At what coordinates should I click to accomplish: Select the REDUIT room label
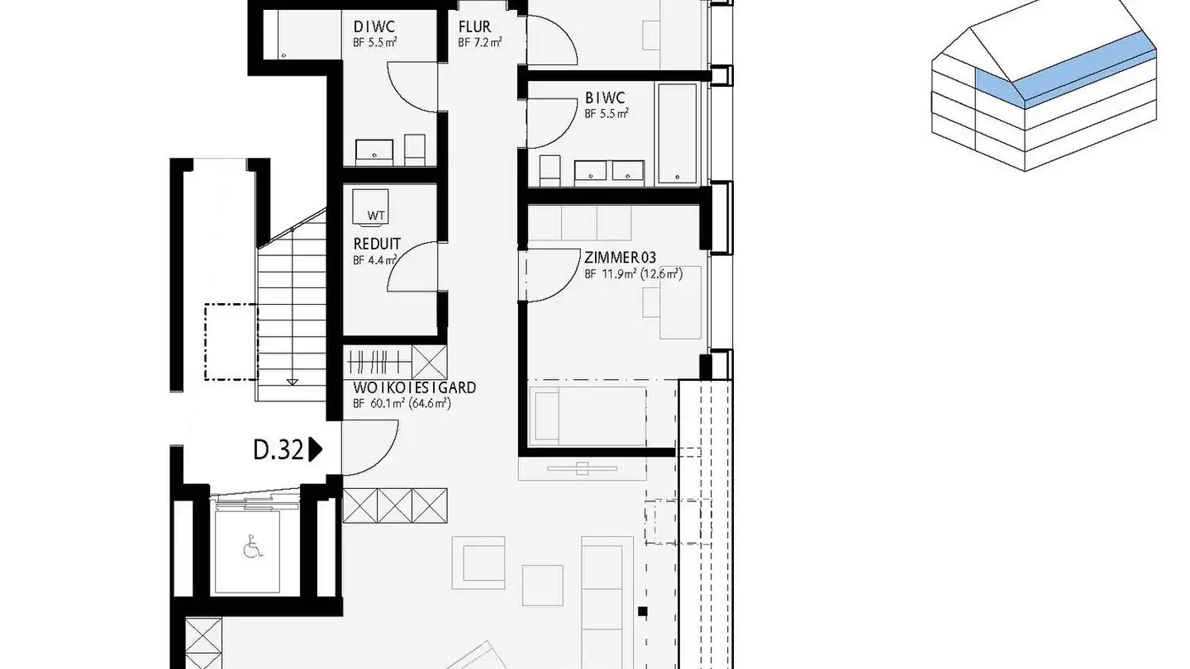click(376, 244)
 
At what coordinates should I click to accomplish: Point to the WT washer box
click(376, 206)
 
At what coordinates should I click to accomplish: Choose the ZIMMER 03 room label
click(620, 257)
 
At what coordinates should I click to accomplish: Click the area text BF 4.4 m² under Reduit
click(374, 259)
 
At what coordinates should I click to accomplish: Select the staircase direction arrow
click(292, 381)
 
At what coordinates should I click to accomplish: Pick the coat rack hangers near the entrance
click(380, 361)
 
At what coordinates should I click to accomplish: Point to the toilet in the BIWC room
click(550, 170)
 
